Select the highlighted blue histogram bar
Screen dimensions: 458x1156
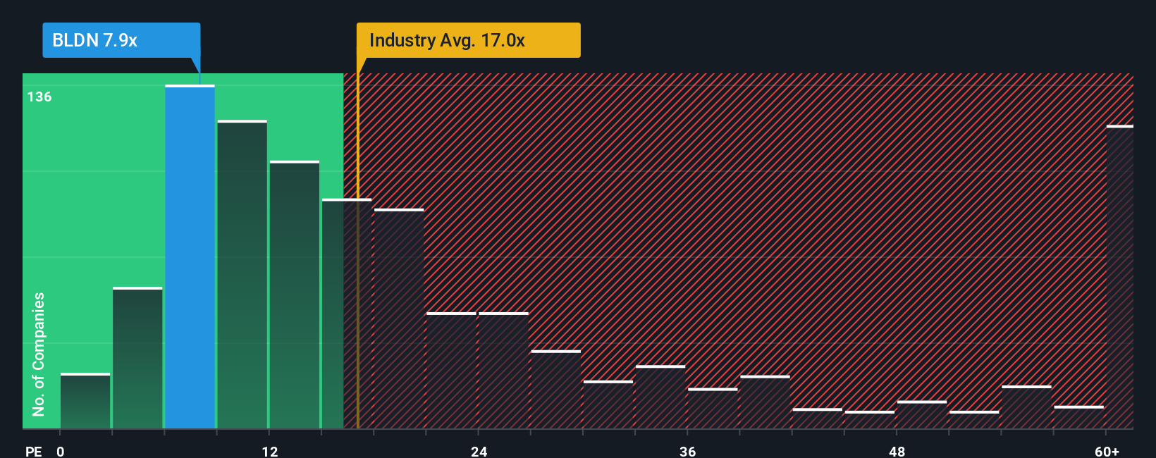point(190,257)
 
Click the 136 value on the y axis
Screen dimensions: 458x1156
point(39,97)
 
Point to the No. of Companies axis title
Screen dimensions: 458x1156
point(39,354)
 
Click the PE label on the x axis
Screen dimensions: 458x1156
point(33,451)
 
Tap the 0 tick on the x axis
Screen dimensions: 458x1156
point(61,451)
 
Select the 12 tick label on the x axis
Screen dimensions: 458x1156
point(269,451)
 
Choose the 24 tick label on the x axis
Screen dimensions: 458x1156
point(479,451)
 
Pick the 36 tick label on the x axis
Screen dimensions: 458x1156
point(687,451)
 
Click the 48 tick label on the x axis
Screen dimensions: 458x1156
point(897,451)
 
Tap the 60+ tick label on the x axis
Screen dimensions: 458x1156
point(1107,451)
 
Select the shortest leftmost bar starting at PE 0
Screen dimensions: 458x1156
point(85,401)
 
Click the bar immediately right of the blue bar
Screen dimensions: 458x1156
point(242,275)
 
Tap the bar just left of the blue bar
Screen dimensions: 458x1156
point(137,358)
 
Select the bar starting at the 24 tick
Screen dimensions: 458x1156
point(503,371)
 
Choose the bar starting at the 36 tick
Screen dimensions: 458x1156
point(713,409)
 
